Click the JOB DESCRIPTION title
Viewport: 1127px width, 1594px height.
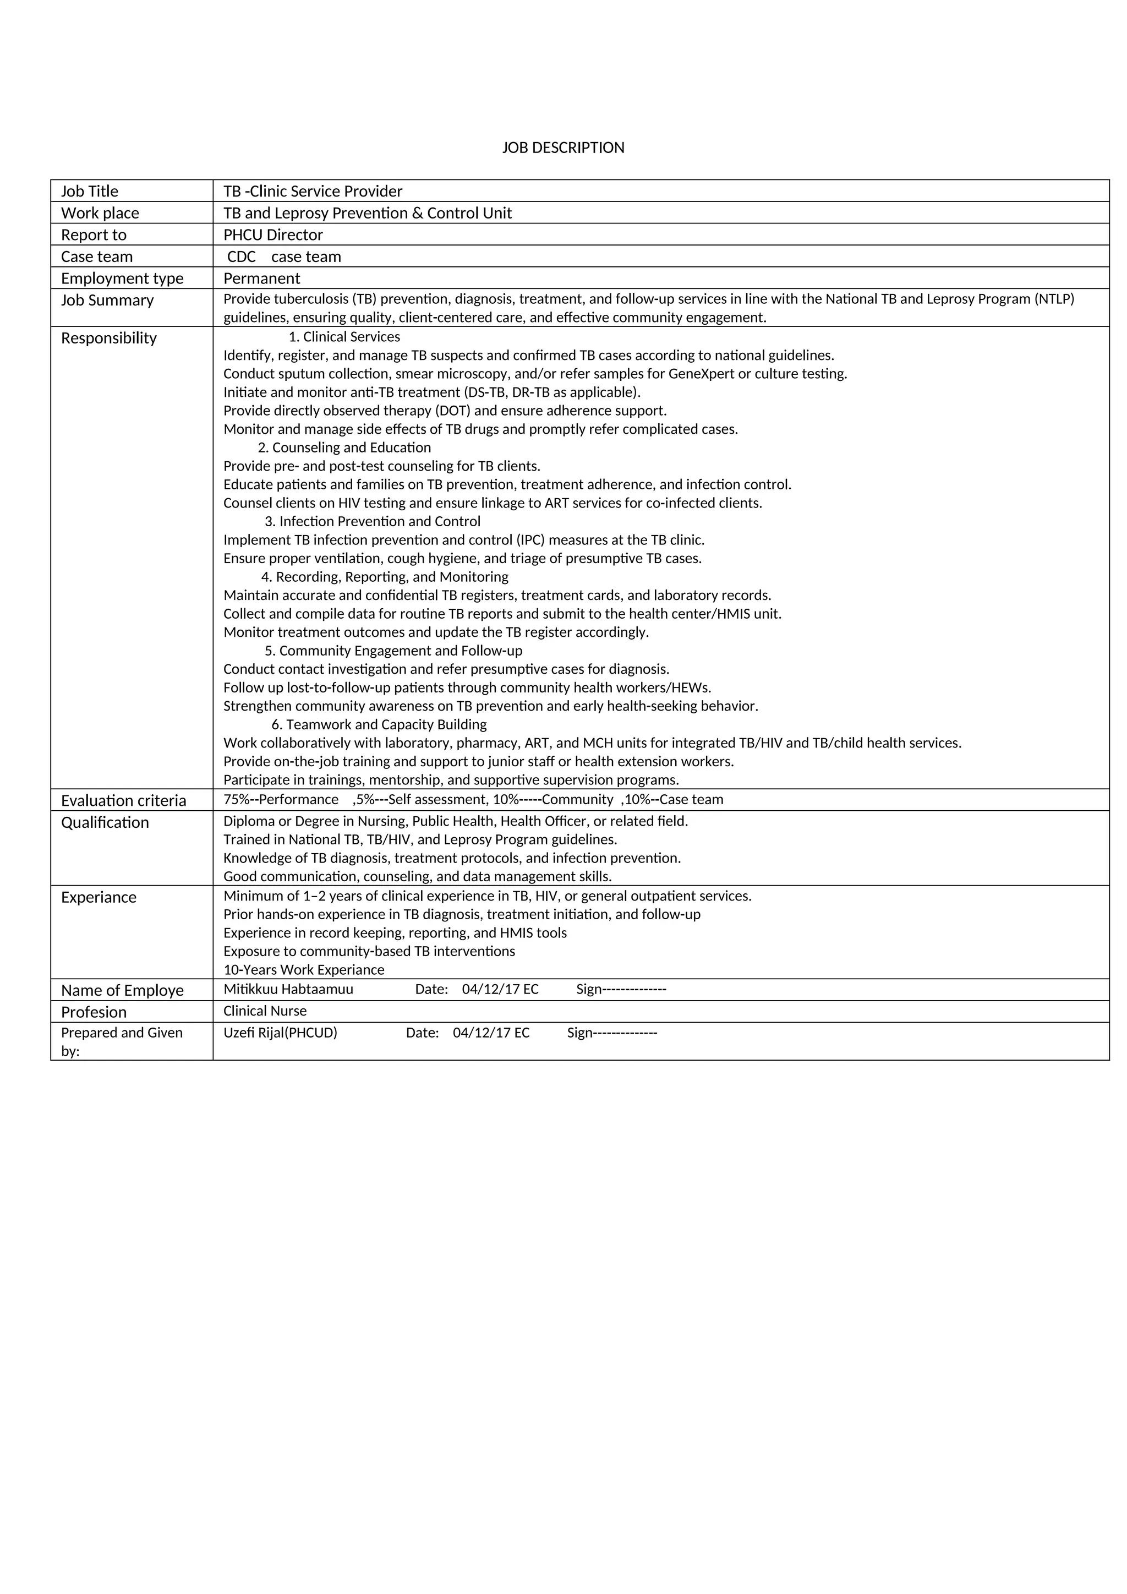563,148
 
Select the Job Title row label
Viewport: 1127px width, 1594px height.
90,192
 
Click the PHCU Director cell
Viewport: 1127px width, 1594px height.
273,234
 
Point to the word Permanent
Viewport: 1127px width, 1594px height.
261,279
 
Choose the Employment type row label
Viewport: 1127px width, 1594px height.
122,279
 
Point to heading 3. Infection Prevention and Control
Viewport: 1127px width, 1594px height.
372,521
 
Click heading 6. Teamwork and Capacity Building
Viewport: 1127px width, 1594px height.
379,725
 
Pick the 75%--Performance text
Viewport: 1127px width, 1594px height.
280,800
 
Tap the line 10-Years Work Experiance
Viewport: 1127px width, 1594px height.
303,970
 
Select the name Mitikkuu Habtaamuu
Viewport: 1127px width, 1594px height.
288,989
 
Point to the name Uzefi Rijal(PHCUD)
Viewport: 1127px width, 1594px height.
280,1033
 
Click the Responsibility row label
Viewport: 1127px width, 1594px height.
109,338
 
